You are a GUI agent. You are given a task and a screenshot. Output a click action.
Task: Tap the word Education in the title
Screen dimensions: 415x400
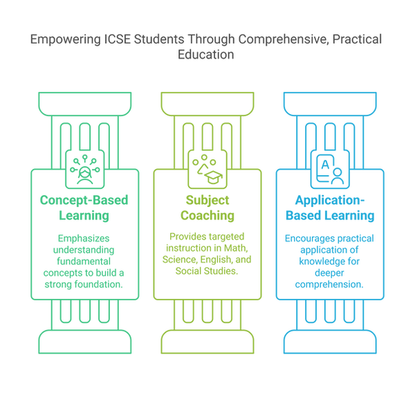tap(206, 55)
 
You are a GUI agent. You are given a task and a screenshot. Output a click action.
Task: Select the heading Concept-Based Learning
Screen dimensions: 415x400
tap(84, 208)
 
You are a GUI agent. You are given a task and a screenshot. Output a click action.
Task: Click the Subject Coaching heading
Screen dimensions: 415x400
tap(207, 208)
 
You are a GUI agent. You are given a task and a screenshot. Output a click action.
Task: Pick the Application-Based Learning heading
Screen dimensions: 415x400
tap(330, 208)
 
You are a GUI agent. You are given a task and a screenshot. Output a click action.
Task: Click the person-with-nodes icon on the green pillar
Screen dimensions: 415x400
tap(84, 170)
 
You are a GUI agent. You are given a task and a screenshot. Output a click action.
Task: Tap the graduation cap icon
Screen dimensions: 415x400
tap(213, 177)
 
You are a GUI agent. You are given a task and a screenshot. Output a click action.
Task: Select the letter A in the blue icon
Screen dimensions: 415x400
tap(325, 165)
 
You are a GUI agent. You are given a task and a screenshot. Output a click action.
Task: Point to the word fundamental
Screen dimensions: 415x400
tap(84, 262)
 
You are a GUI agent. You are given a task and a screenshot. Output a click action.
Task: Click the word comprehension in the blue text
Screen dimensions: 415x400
tap(329, 284)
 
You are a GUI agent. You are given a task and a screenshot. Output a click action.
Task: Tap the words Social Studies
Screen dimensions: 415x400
tap(207, 271)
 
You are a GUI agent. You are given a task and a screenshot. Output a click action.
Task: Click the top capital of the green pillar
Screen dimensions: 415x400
tap(85, 104)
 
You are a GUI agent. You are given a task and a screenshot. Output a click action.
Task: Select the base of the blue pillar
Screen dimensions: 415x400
tap(330, 342)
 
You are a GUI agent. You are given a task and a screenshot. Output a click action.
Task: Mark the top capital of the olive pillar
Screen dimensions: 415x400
tap(207, 104)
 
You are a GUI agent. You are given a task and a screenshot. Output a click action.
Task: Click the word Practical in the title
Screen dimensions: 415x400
tap(357, 39)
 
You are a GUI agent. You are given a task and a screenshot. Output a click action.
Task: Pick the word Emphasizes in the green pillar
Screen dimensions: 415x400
tap(84, 239)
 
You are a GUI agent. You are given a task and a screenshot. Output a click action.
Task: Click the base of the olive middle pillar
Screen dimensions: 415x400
tap(207, 342)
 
